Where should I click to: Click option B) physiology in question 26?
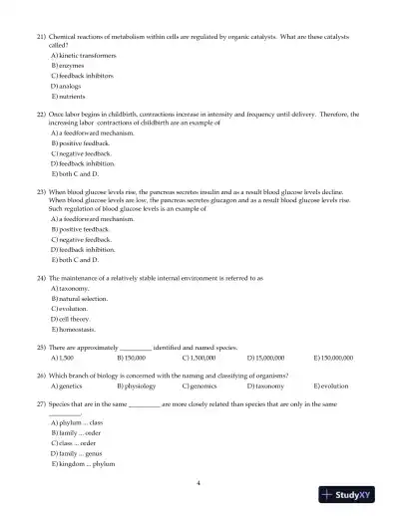137,385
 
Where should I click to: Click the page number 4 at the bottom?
199,482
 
